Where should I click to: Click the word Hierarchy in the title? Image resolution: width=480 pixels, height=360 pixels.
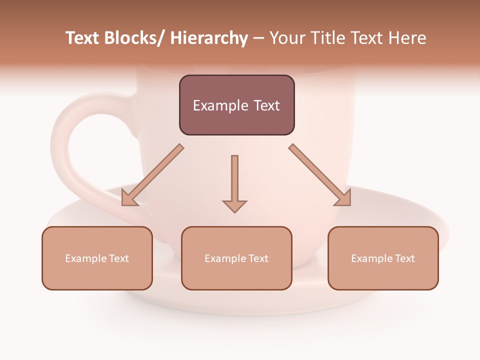click(x=209, y=38)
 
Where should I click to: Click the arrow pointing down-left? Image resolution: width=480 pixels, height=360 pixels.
click(x=152, y=175)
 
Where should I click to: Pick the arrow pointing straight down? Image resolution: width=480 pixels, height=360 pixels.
click(x=234, y=183)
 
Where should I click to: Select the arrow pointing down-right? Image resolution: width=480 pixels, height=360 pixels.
click(x=320, y=175)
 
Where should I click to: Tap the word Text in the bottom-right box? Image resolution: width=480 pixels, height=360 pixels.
click(x=404, y=258)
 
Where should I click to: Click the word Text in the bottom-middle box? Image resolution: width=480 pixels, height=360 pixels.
click(x=258, y=258)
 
